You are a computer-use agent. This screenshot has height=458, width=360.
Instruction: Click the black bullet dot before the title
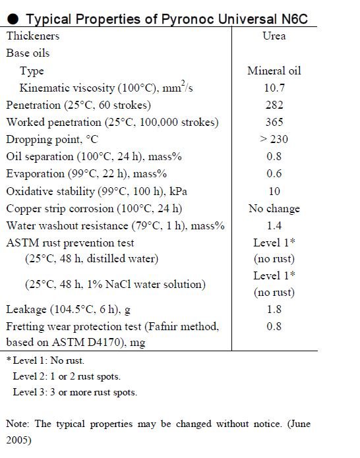point(13,19)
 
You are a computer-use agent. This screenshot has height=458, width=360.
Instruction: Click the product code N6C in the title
point(294,19)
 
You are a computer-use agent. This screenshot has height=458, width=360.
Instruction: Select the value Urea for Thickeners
point(274,36)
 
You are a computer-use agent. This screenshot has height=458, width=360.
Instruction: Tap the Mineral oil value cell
point(274,71)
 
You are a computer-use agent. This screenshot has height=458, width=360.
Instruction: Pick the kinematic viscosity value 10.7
point(274,88)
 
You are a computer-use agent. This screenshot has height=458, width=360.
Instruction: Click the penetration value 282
point(274,105)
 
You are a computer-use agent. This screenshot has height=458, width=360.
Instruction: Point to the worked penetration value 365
point(274,122)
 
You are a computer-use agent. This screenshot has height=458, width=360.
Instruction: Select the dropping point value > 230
point(274,139)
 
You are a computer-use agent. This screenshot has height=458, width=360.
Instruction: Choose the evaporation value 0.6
point(274,174)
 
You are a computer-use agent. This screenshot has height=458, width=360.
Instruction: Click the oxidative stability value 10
point(274,191)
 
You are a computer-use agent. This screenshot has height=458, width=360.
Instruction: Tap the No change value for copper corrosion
point(274,208)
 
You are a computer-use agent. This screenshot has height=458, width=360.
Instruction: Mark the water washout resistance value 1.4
point(274,226)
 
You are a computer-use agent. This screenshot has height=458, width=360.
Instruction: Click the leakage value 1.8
point(274,309)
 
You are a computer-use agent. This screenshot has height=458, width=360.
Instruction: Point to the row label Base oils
point(28,53)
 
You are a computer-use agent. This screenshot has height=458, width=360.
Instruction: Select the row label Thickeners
point(33,36)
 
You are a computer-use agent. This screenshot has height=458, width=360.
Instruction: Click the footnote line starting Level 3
point(75,392)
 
